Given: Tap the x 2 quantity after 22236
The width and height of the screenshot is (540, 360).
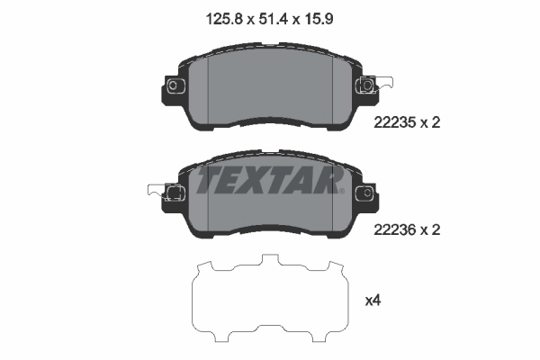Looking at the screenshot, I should pos(429,229).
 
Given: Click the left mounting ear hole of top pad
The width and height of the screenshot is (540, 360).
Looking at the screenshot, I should pos(174,85).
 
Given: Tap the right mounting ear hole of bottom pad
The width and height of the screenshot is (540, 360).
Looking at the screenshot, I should pos(365,193).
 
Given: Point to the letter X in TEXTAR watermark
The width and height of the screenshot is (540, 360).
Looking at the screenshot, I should pos(260,182).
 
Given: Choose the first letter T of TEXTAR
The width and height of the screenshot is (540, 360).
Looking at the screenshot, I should pos(208,182).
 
